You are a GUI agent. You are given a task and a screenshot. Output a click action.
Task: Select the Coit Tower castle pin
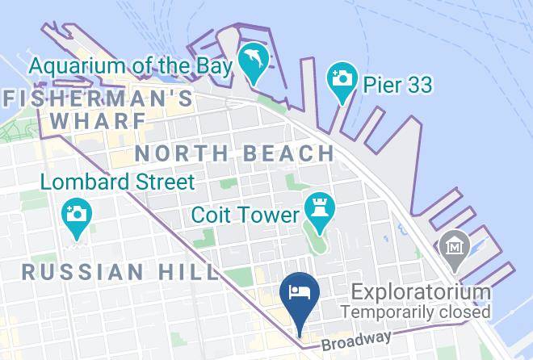pos(317,211)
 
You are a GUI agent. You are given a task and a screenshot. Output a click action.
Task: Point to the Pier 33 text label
pos(397,85)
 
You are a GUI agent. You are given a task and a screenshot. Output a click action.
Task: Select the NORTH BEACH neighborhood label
pos(234,153)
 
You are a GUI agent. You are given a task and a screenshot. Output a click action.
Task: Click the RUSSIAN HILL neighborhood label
pos(119,272)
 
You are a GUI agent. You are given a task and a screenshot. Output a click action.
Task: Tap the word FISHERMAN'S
pos(99,99)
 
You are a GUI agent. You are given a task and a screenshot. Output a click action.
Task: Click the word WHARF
pos(98,121)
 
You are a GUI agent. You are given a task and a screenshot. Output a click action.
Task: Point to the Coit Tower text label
pos(246,216)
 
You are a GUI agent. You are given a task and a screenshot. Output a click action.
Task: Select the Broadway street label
pos(359,339)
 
